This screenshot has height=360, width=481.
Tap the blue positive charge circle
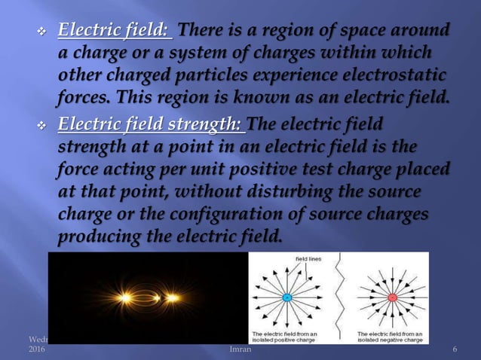[x=286, y=297]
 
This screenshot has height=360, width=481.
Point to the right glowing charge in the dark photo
[x=173, y=297]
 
